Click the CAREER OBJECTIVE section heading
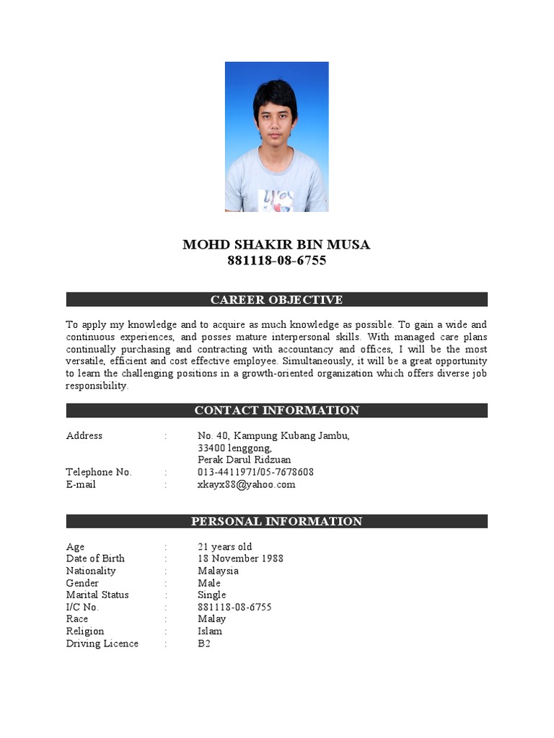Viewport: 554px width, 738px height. (x=276, y=300)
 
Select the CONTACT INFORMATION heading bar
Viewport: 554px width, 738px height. (x=276, y=411)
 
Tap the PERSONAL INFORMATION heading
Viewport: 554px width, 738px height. (x=276, y=521)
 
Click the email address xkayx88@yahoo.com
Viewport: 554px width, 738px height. (x=247, y=484)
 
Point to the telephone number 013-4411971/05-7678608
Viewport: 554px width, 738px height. (x=255, y=472)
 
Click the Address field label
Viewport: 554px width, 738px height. (x=84, y=435)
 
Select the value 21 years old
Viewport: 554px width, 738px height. (x=225, y=546)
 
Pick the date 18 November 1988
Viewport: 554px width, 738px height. (x=240, y=559)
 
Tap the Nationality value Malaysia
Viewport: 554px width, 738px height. (x=218, y=571)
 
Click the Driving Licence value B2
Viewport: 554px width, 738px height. (x=204, y=644)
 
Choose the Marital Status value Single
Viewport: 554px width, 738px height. (x=212, y=595)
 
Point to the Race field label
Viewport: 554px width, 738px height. (x=77, y=619)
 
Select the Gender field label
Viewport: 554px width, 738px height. (x=83, y=583)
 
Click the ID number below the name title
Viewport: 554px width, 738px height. (x=276, y=261)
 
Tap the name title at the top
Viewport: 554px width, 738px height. (x=276, y=245)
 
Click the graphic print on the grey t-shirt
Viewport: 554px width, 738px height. (x=276, y=199)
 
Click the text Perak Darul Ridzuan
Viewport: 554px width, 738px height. (x=245, y=460)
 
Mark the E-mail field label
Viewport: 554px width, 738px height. (x=81, y=484)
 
